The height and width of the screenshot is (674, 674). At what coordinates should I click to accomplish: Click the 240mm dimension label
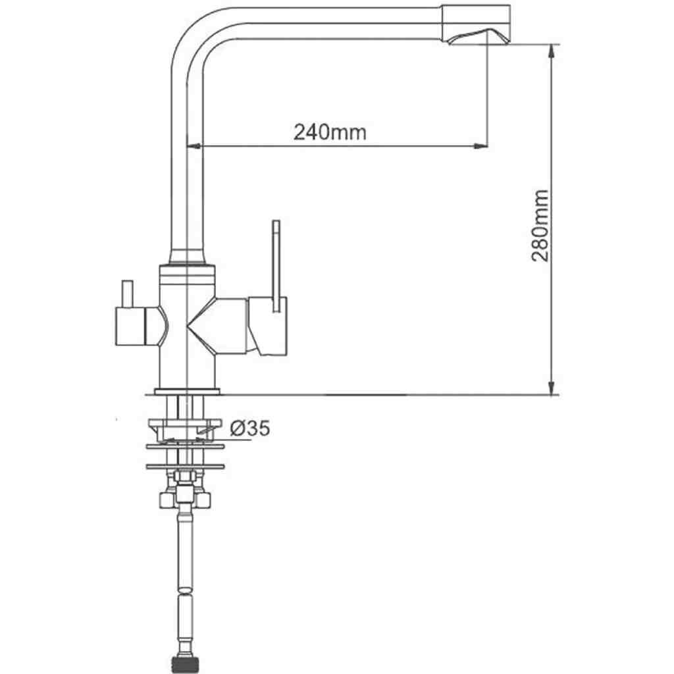pos(330,132)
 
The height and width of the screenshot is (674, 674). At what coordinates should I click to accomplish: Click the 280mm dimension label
pos(540,225)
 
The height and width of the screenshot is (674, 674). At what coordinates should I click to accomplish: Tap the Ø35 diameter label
pos(249,428)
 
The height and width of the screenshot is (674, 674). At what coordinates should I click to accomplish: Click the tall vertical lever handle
pos(276,266)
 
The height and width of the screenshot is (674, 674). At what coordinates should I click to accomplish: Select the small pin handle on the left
pos(127,294)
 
